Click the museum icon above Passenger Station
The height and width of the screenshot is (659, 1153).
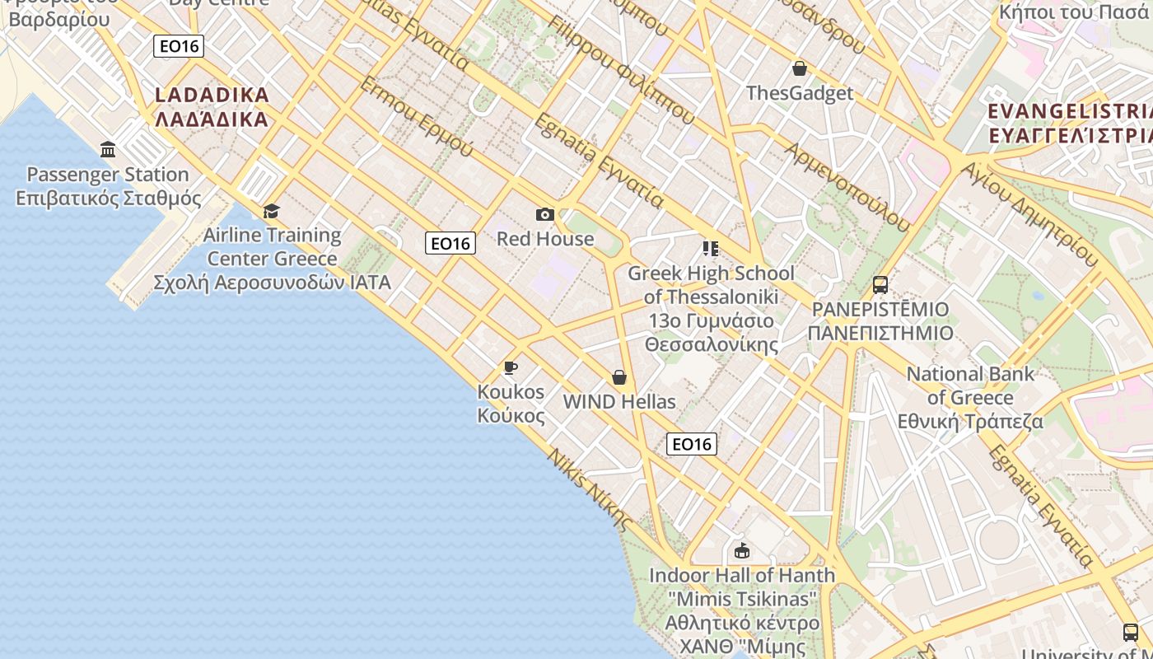click(108, 149)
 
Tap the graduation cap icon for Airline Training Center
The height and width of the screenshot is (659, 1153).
click(271, 211)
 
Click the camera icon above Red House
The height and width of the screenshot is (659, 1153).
click(544, 215)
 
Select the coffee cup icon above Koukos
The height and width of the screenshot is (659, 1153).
click(511, 367)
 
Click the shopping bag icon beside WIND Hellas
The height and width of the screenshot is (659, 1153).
click(619, 377)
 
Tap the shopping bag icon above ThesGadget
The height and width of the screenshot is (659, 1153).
click(799, 68)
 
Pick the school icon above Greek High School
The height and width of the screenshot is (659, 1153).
click(711, 248)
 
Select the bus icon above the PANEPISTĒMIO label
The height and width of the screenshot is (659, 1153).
click(880, 285)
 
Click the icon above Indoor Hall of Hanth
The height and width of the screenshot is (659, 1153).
click(742, 550)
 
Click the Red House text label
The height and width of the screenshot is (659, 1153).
click(545, 239)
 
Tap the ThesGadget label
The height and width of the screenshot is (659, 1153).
click(800, 93)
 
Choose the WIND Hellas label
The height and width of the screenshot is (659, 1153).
click(619, 402)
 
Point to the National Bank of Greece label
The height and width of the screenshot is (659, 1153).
click(970, 397)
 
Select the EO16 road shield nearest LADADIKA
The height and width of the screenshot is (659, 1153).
click(179, 46)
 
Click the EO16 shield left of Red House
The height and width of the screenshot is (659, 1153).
click(450, 243)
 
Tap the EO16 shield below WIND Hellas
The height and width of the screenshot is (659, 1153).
click(691, 444)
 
